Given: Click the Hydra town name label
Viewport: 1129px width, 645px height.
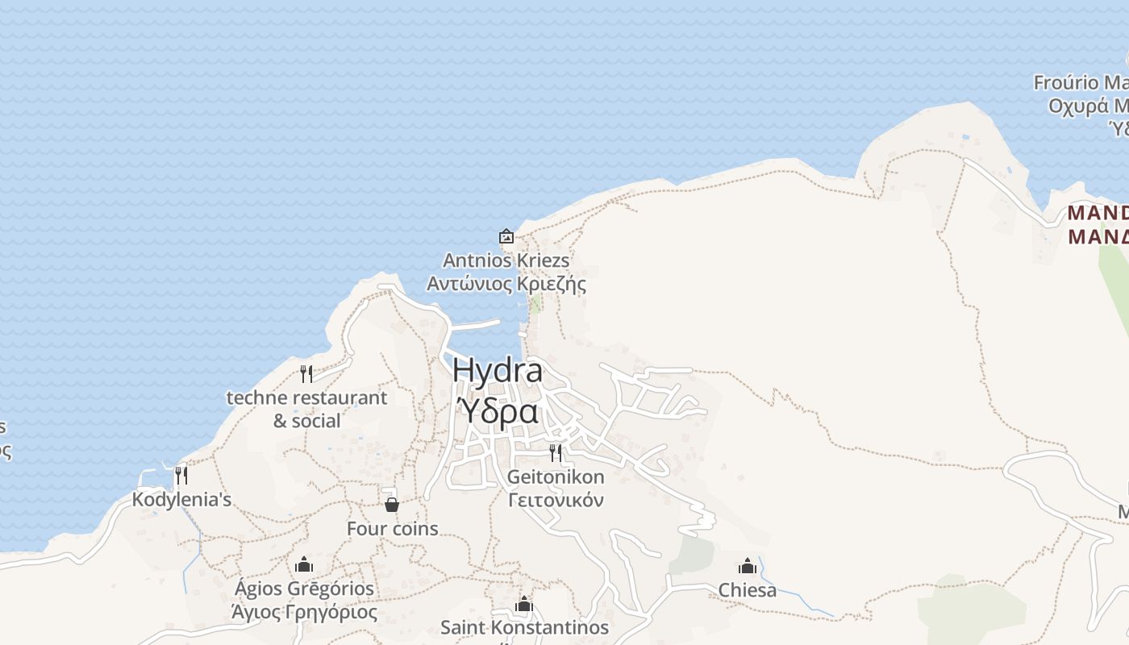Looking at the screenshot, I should (x=497, y=371).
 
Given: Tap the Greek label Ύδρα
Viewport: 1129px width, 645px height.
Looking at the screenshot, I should (x=498, y=411).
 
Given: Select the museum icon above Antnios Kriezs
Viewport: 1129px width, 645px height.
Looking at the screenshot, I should (x=506, y=236).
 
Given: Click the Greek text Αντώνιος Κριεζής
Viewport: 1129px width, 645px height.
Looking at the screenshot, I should (x=506, y=284).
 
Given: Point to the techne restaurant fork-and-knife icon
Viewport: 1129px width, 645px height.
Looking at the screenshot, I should (x=306, y=373).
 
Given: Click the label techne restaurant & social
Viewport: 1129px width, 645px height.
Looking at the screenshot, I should (x=306, y=409).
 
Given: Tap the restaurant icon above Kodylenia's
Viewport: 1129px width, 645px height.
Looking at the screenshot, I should (x=181, y=475).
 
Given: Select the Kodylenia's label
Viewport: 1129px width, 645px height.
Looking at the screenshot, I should (x=181, y=499).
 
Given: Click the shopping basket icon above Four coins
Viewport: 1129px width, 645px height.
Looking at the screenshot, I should (x=392, y=505).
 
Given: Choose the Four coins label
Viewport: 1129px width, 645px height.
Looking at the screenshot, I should (x=392, y=529).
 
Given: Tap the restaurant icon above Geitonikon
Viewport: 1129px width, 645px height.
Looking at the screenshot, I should (x=556, y=452).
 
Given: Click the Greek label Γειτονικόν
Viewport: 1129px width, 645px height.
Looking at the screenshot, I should (x=556, y=500).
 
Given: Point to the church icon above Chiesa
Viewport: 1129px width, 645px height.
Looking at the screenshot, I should (x=748, y=566).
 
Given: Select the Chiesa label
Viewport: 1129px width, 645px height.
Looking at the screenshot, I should (x=748, y=590).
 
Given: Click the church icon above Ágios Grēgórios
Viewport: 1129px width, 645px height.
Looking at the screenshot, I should (x=304, y=564).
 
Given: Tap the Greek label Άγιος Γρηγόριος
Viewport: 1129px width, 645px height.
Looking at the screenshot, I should (x=304, y=612).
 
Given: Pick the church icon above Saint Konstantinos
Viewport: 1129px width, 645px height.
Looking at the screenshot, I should (x=524, y=604).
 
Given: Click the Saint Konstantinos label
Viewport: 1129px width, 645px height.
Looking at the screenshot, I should (x=524, y=627).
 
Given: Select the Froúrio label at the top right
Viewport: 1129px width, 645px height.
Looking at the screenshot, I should (x=1081, y=82).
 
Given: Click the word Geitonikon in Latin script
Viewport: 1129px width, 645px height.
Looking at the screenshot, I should (x=556, y=476).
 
